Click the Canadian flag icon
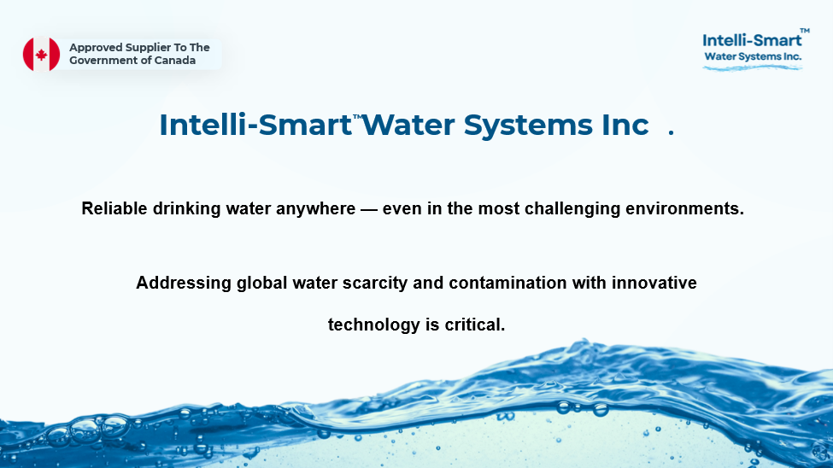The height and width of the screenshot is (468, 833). pyautogui.click(x=42, y=54)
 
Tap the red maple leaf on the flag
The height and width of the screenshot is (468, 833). pyautogui.click(x=42, y=55)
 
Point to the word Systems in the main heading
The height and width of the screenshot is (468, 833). pyautogui.click(x=529, y=126)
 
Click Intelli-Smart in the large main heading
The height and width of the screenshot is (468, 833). pyautogui.click(x=255, y=126)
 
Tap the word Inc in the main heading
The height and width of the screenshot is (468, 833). pyautogui.click(x=625, y=126)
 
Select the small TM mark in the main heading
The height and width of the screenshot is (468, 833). pyautogui.click(x=357, y=117)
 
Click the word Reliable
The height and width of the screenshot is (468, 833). pyautogui.click(x=114, y=208)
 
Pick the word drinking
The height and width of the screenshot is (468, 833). pyautogui.click(x=186, y=208)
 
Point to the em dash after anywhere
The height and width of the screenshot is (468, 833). pyautogui.click(x=369, y=209)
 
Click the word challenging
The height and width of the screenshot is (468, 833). pyautogui.click(x=572, y=208)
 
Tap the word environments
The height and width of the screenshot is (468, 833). pyautogui.click(x=685, y=208)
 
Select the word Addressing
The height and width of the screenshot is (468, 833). pyautogui.click(x=184, y=283)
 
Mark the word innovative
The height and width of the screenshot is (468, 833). pyautogui.click(x=654, y=283)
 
